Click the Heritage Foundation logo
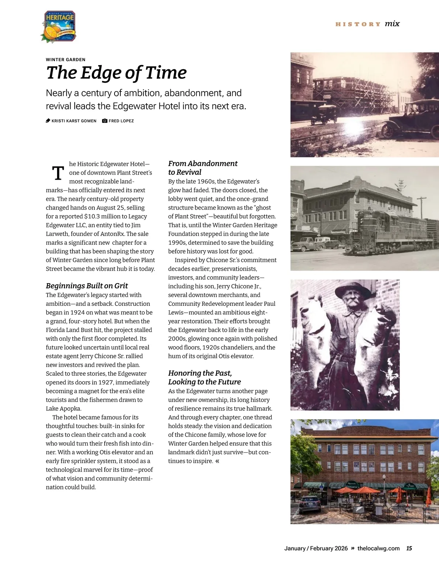tap(59, 26)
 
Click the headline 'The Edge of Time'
tap(116, 72)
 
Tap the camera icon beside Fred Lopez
tap(105, 121)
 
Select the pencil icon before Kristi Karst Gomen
tap(48, 121)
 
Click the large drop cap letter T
tap(58, 173)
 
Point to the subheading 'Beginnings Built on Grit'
tap(87, 286)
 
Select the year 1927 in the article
tap(106, 382)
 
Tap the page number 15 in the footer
tap(409, 548)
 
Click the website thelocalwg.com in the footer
tap(378, 548)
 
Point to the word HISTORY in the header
tap(358, 24)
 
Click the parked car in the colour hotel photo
tap(309, 504)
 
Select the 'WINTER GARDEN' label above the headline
tap(65, 60)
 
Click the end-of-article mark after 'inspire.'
tap(218, 461)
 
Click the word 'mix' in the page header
tap(392, 24)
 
